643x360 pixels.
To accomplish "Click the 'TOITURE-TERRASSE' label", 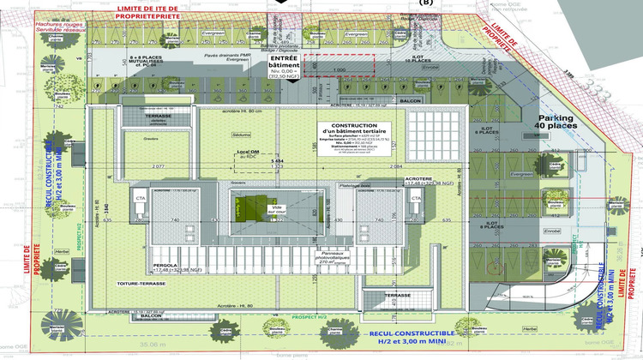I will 141,282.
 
